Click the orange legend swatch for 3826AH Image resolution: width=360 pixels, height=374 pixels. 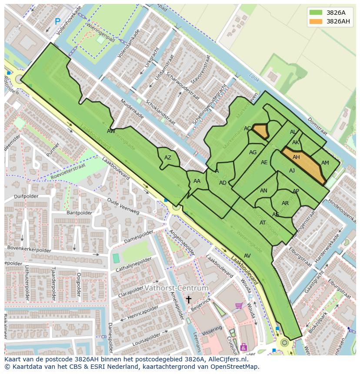pyautogui.click(x=316, y=21)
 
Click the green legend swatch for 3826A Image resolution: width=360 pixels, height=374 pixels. pyautogui.click(x=316, y=13)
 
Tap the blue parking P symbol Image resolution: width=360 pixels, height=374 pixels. pyautogui.click(x=57, y=21)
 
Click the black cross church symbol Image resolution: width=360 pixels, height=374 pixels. pyautogui.click(x=189, y=299)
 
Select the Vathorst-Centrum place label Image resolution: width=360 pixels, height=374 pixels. pyautogui.click(x=176, y=288)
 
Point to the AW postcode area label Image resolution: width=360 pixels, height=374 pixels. pyautogui.click(x=111, y=131)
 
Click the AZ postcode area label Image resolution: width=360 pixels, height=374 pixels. pyautogui.click(x=168, y=158)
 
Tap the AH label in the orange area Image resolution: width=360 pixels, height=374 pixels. pyautogui.click(x=296, y=157)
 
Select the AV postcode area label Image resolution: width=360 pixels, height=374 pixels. pyautogui.click(x=247, y=255)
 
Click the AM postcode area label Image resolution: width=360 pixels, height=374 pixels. pyautogui.click(x=325, y=163)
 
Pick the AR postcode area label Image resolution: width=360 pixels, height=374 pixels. pyautogui.click(x=285, y=203)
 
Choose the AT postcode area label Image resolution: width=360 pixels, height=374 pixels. pyautogui.click(x=263, y=223)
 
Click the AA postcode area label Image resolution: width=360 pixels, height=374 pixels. pyautogui.click(x=197, y=181)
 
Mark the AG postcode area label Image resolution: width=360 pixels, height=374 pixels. pyautogui.click(x=253, y=152)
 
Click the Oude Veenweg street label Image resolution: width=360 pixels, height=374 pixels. pyautogui.click(x=123, y=206)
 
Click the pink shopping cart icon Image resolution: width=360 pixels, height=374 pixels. pyautogui.click(x=239, y=306)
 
